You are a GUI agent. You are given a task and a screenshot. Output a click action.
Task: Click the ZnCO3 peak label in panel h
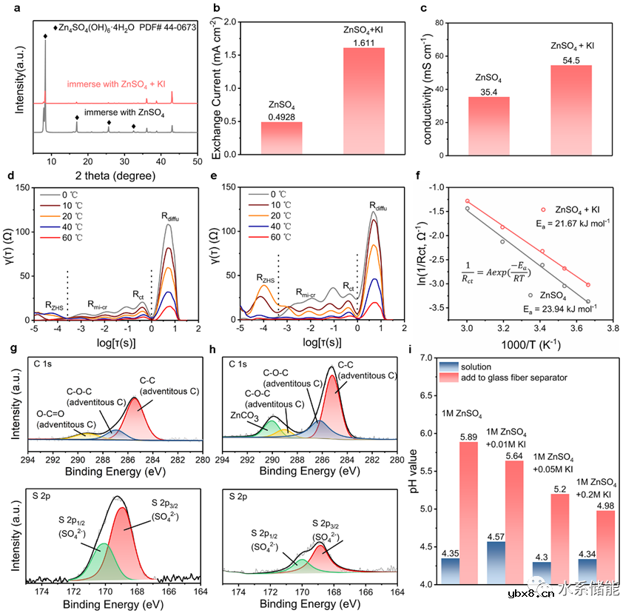[x=246, y=416]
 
